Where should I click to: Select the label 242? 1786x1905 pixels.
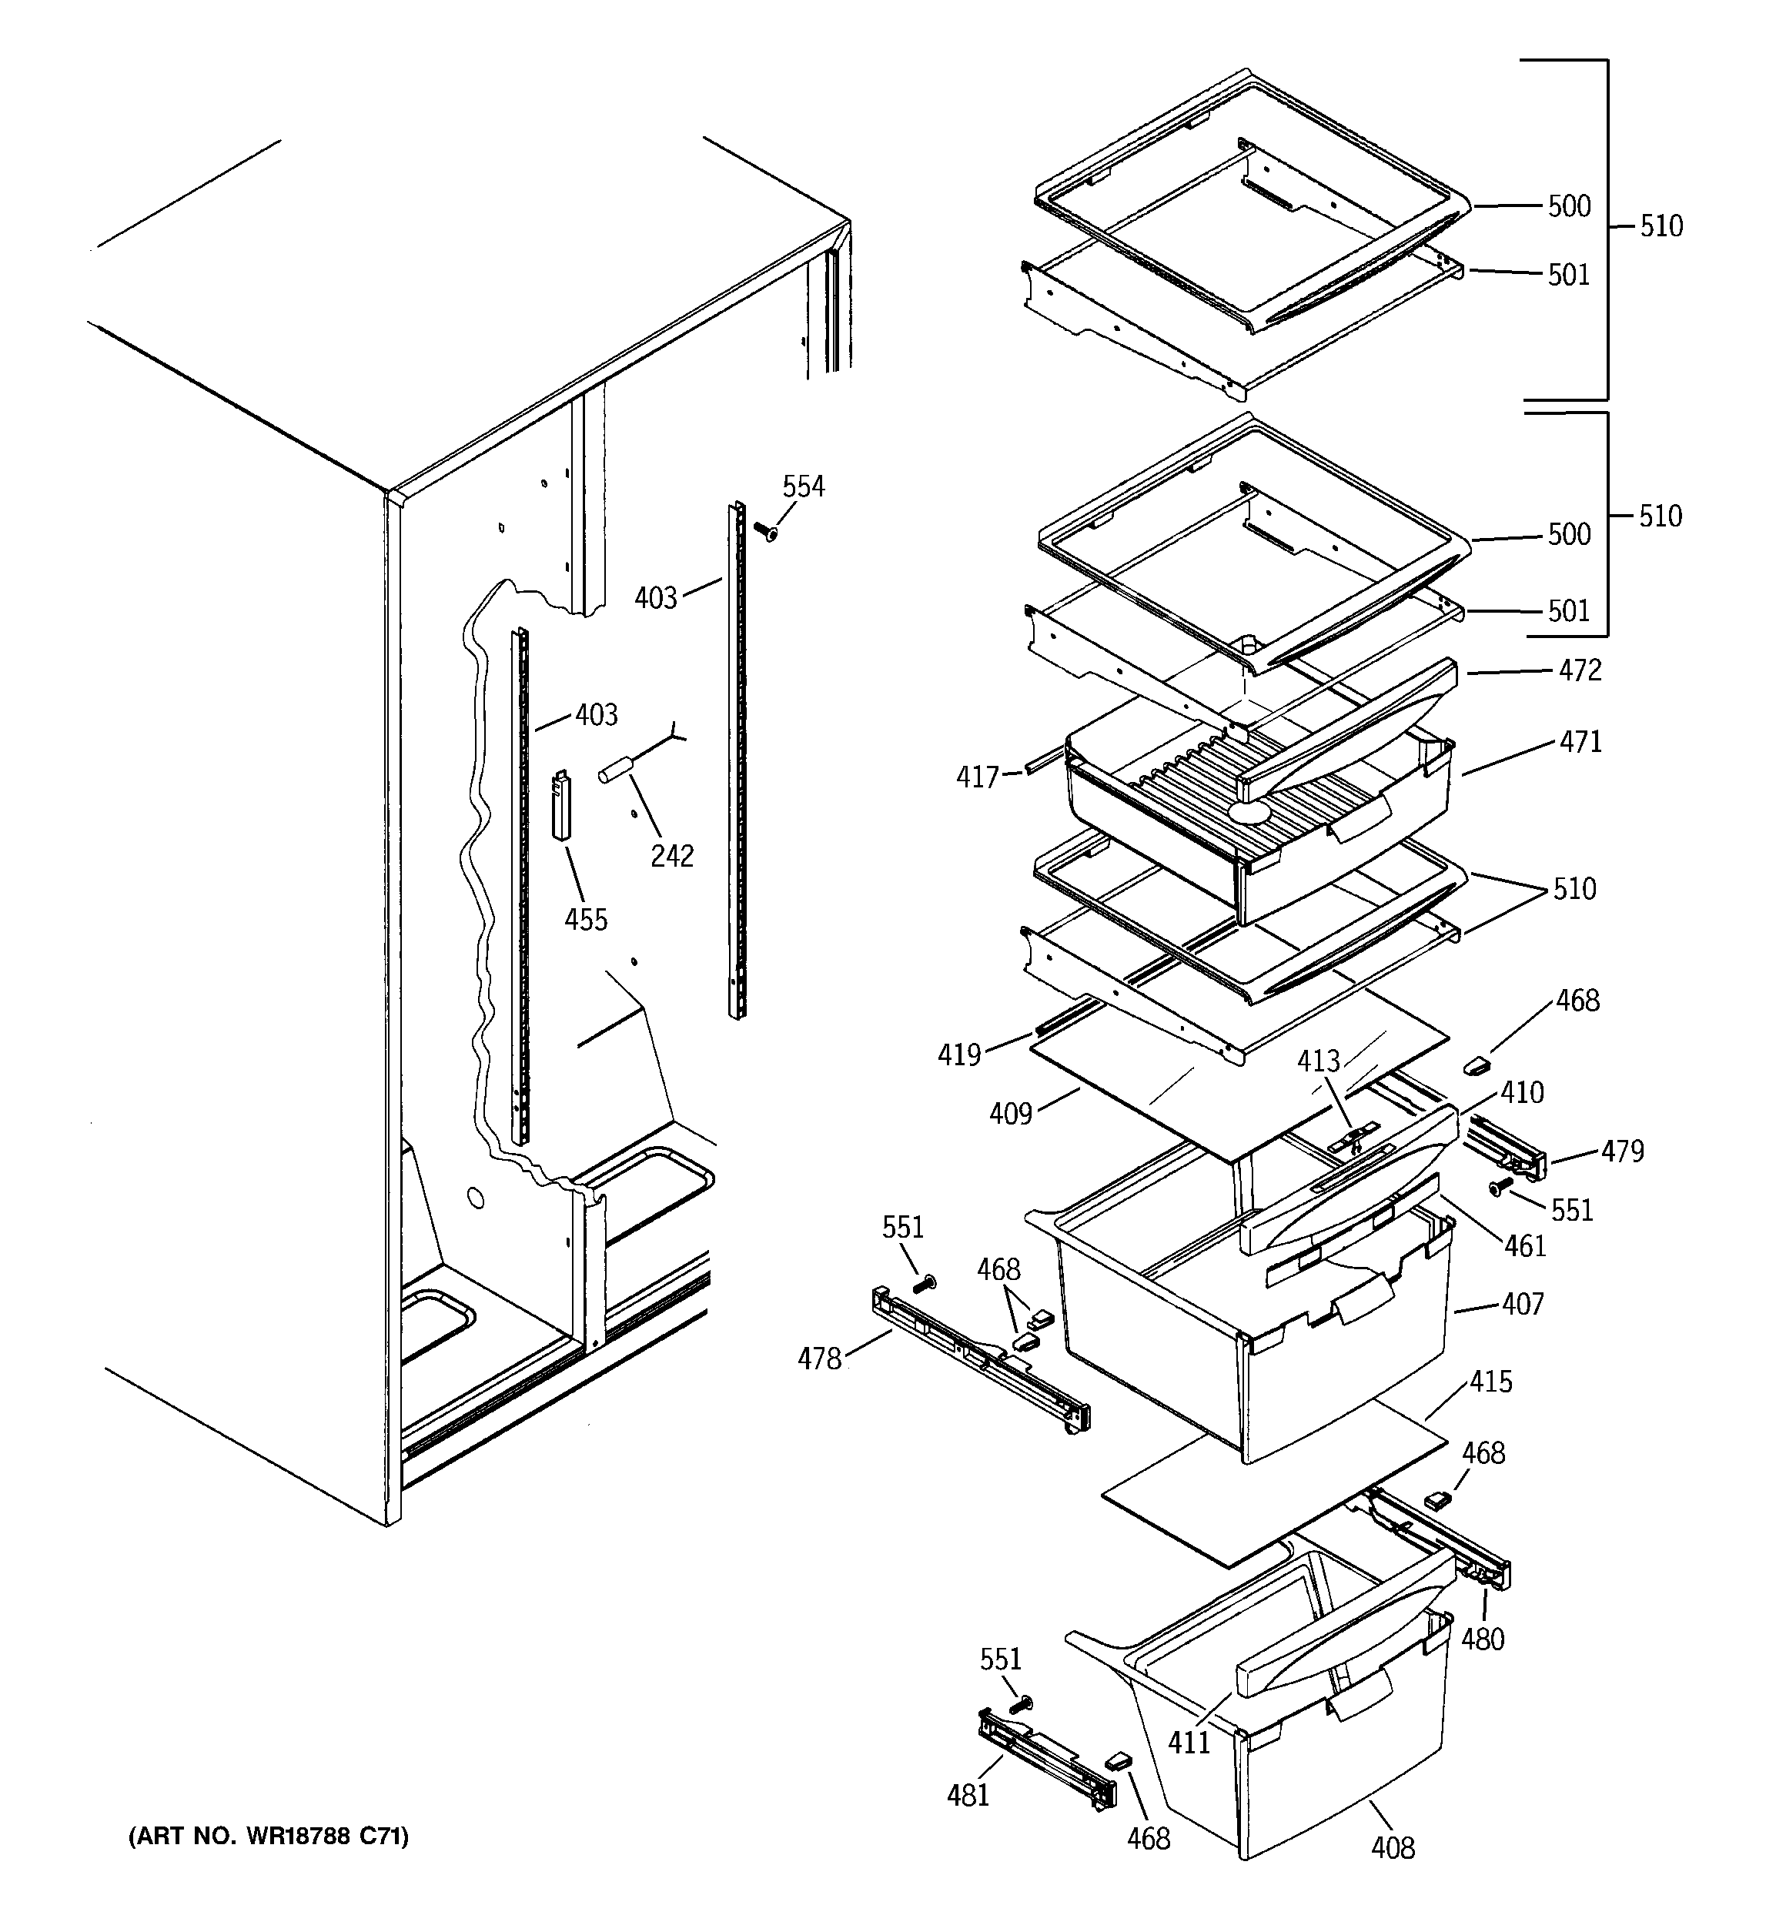pyautogui.click(x=672, y=856)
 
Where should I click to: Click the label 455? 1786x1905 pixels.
pyautogui.click(x=586, y=920)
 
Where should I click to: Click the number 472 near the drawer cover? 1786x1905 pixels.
pyautogui.click(x=1580, y=670)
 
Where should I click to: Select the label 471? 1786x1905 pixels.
pyautogui.click(x=1580, y=742)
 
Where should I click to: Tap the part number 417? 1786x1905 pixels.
pyautogui.click(x=977, y=777)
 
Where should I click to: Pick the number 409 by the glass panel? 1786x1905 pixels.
pyautogui.click(x=1011, y=1114)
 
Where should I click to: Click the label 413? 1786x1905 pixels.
pyautogui.click(x=1318, y=1061)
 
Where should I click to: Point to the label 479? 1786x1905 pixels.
pyautogui.click(x=1622, y=1151)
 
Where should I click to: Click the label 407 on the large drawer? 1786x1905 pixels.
pyautogui.click(x=1523, y=1304)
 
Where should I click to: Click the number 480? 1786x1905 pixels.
pyautogui.click(x=1482, y=1639)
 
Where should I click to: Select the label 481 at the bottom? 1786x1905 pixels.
pyautogui.click(x=968, y=1795)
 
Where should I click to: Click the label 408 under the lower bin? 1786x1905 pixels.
pyautogui.click(x=1392, y=1847)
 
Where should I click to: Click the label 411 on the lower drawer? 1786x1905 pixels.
pyautogui.click(x=1189, y=1742)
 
